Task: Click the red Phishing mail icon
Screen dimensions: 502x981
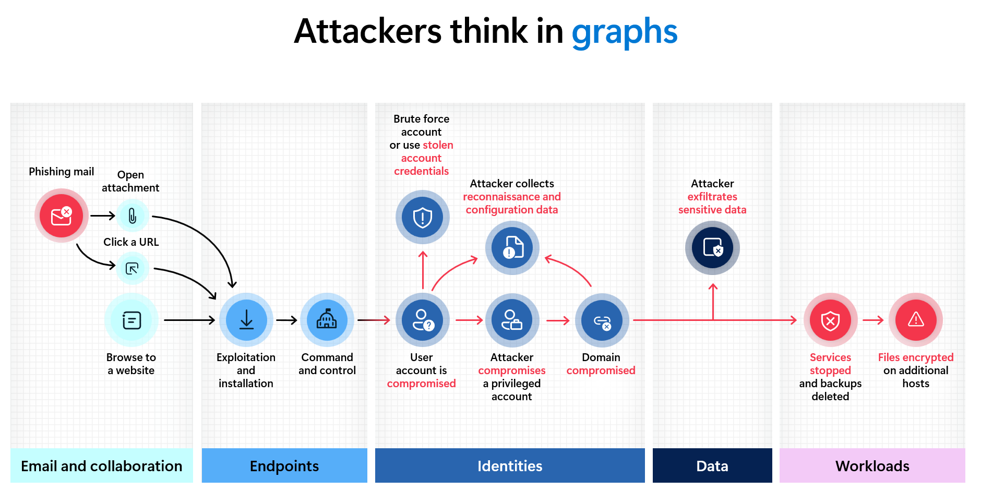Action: click(62, 216)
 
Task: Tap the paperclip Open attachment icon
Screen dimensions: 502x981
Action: click(133, 216)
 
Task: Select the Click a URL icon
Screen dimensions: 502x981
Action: click(133, 268)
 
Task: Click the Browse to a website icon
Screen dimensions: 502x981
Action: click(131, 320)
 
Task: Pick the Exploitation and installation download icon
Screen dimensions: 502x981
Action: click(246, 320)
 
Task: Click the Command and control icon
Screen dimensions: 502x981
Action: click(327, 320)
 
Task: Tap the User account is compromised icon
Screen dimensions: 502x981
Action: click(422, 320)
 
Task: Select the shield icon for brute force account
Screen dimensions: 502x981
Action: click(422, 217)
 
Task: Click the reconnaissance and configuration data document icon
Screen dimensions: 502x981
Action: click(512, 247)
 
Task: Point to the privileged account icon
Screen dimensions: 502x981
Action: click(512, 320)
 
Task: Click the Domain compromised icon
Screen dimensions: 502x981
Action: click(602, 320)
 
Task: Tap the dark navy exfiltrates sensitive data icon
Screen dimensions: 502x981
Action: click(712, 247)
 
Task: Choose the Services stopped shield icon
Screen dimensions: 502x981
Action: click(830, 320)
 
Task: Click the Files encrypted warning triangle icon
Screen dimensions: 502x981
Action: click(916, 320)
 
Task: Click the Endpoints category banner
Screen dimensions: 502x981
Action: click(284, 465)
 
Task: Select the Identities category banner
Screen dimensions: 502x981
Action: click(510, 465)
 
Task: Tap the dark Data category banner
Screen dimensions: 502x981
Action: click(712, 465)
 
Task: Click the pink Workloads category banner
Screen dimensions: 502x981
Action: click(872, 465)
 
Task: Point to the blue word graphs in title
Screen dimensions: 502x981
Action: click(624, 31)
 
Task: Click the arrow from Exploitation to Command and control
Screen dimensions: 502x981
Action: click(286, 320)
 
